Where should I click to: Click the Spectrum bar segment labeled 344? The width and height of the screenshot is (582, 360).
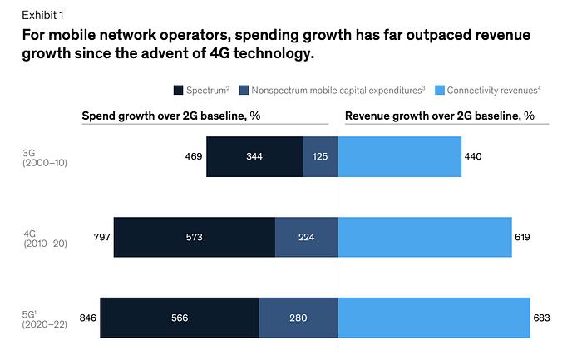[x=254, y=156]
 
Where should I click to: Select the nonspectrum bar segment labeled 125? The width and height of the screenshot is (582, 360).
[x=320, y=156]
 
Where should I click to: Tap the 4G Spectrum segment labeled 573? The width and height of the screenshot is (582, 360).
[x=194, y=237]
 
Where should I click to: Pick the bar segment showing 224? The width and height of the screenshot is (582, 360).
[x=306, y=237]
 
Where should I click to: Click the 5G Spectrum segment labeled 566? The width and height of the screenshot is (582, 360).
[x=180, y=317]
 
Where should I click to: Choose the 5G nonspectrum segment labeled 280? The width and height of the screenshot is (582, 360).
[x=298, y=317]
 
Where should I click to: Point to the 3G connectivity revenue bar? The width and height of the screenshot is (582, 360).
[x=400, y=156]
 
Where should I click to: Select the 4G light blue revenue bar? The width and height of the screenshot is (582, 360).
[x=425, y=237]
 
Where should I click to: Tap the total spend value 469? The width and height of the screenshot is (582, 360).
[x=194, y=156]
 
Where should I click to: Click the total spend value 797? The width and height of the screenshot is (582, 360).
[x=101, y=237]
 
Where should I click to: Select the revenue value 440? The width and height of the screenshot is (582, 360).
[x=474, y=156]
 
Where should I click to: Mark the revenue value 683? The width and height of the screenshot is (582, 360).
[x=543, y=317]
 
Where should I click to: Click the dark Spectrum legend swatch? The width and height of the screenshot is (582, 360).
[x=179, y=90]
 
